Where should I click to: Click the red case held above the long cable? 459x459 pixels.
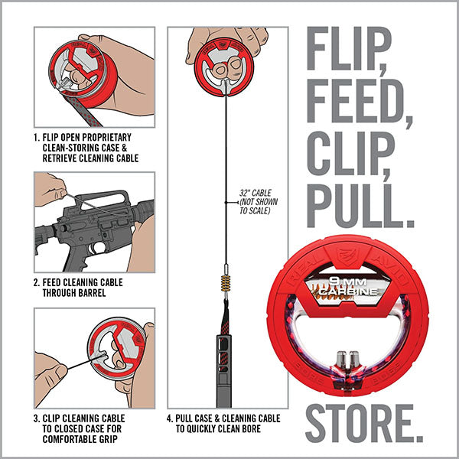point(227,66)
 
